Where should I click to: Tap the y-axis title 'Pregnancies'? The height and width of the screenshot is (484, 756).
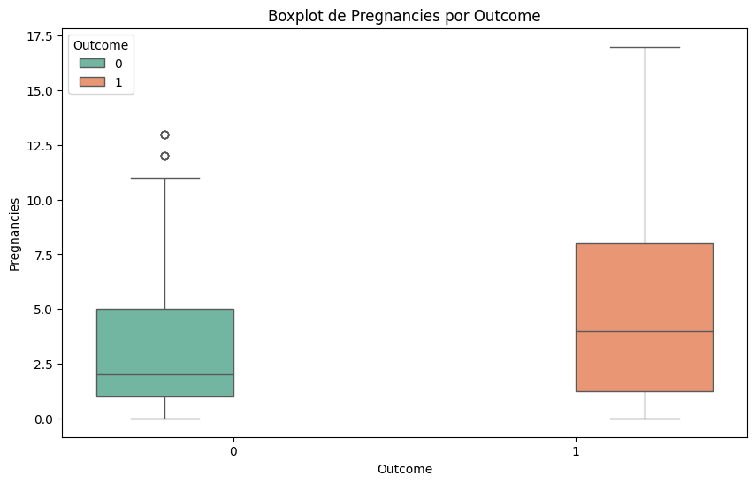[x=14, y=233]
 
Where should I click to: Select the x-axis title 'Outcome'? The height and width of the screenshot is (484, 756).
[x=404, y=468]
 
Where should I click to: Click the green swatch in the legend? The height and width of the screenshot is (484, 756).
[x=91, y=64]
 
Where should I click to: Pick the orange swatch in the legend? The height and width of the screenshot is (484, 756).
[x=91, y=81]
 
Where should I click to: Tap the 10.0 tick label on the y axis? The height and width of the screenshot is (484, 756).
[x=38, y=200]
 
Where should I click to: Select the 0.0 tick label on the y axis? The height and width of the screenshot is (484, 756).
[x=42, y=419]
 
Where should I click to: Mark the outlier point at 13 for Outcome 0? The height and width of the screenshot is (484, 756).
[x=164, y=134]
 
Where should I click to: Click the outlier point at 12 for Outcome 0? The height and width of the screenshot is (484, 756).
[x=164, y=156]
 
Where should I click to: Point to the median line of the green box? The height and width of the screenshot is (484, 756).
[x=164, y=374]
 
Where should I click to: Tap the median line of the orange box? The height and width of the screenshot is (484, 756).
[x=645, y=331]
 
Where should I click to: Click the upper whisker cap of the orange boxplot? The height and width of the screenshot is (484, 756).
[x=645, y=47]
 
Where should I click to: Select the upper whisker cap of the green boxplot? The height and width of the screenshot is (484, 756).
[x=164, y=178]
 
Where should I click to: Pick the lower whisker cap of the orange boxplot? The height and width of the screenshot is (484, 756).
[x=645, y=419]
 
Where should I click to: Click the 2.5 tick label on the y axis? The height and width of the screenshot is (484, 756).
[x=42, y=364]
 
